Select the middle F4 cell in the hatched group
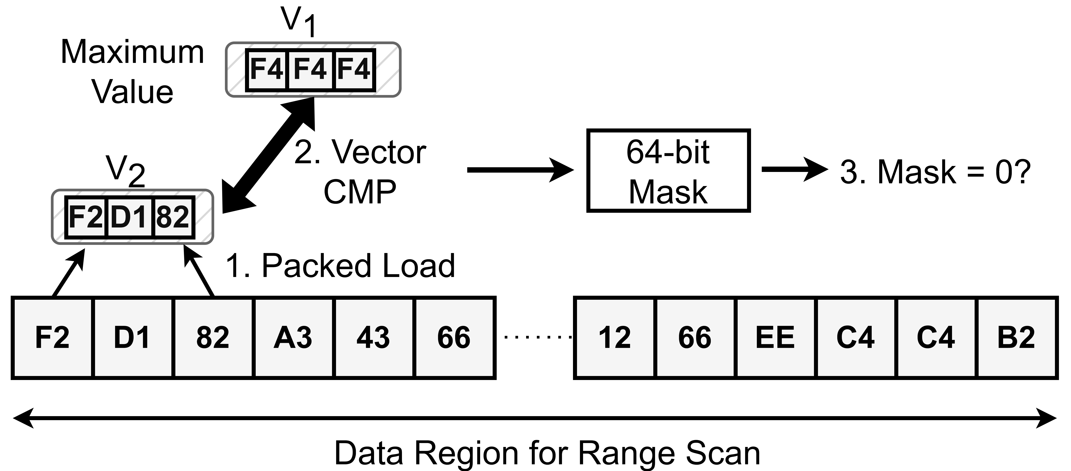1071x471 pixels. (310, 70)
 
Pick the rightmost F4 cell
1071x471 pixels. (353, 70)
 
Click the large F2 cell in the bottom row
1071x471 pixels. (53, 338)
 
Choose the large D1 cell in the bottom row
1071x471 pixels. (133, 338)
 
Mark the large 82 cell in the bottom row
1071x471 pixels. (213, 338)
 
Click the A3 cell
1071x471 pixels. (294, 338)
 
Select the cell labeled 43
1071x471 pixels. (374, 338)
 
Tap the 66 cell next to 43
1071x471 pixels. (455, 338)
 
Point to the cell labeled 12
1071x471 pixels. (615, 338)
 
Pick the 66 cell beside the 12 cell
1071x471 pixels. (695, 338)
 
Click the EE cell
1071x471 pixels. (775, 338)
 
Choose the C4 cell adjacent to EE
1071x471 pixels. (856, 338)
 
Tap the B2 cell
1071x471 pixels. (1017, 338)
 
